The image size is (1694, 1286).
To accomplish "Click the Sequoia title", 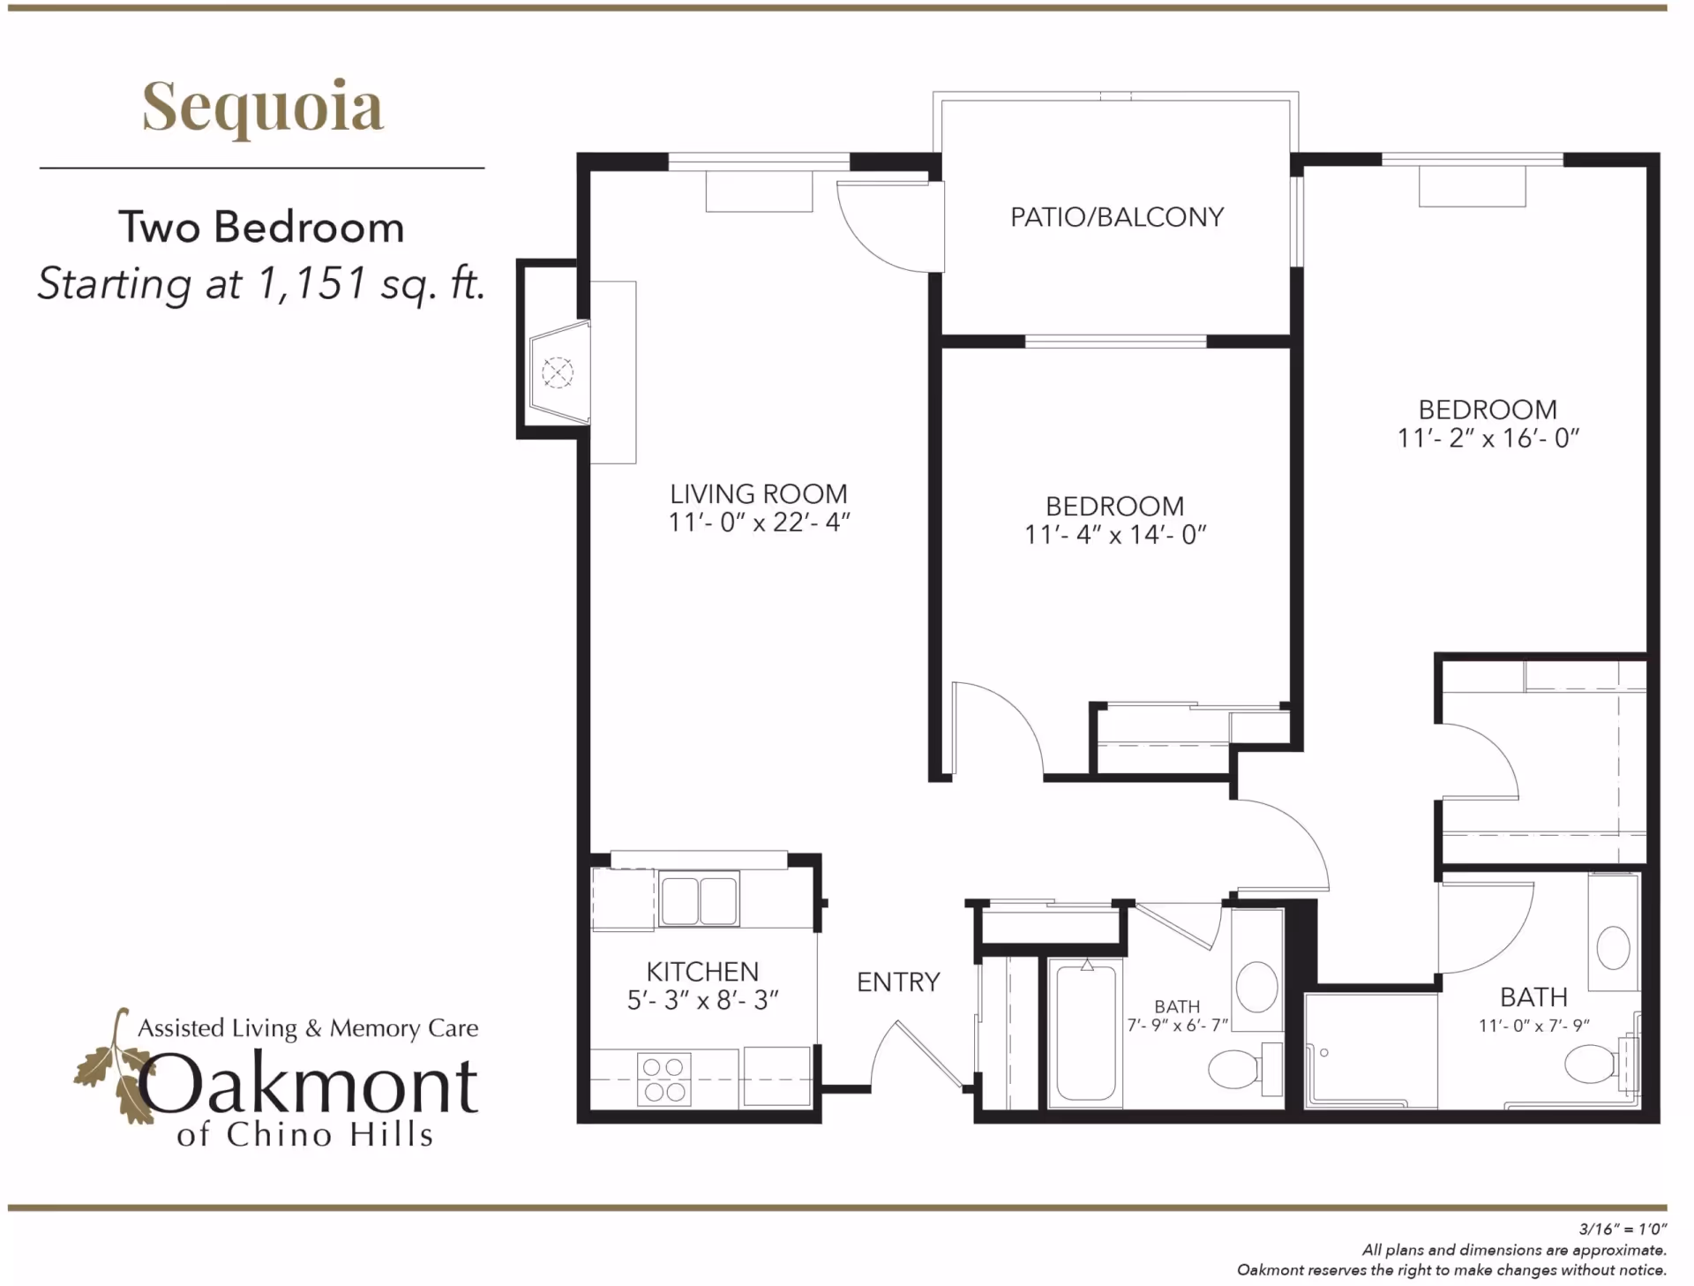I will [263, 106].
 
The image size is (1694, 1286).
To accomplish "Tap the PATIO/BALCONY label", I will [1117, 217].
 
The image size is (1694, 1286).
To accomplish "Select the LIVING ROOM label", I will [758, 493].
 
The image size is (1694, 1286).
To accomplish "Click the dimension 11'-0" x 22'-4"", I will [759, 523].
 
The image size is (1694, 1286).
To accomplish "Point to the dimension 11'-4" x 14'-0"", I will [1115, 535].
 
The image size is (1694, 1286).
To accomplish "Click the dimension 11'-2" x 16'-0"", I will [1488, 439].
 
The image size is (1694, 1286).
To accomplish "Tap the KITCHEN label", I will [702, 972].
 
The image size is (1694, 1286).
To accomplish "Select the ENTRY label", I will [898, 982].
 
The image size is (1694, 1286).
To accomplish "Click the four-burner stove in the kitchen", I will [663, 1079].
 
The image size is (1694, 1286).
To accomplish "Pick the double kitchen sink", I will [699, 899].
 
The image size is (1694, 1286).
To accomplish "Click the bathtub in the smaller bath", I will [1086, 1033].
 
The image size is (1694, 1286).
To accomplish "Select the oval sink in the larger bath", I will [1614, 949].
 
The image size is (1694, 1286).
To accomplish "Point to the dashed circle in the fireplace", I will [557, 372].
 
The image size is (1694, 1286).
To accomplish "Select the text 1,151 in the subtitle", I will [311, 283].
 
